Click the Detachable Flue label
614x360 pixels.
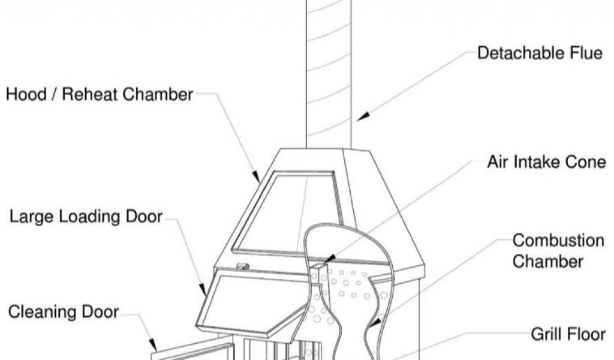(x=539, y=53)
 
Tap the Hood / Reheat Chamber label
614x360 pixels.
(x=100, y=94)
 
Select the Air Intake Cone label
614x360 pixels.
(x=546, y=162)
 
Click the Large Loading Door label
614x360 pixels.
(x=86, y=217)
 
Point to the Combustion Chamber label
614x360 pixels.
(x=549, y=251)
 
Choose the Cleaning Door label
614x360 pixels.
(x=64, y=312)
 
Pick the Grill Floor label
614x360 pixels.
(x=567, y=334)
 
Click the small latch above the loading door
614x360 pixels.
(x=243, y=266)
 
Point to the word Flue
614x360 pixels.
(x=585, y=53)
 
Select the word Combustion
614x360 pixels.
(x=549, y=241)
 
